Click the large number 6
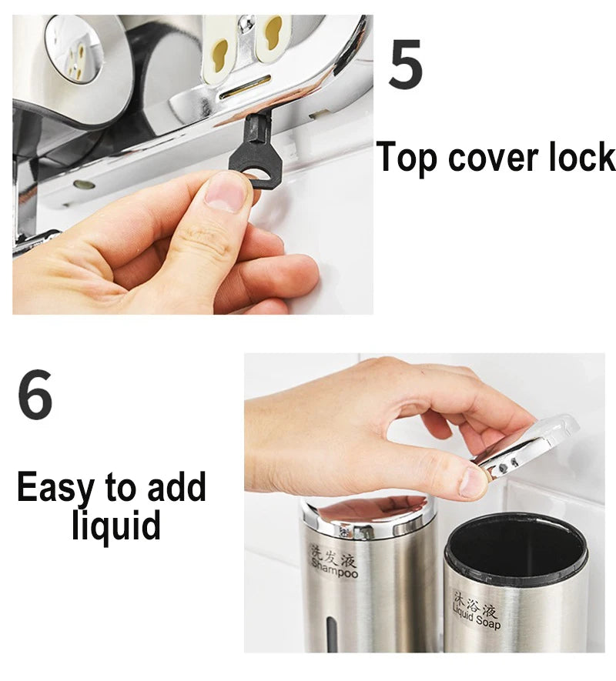click(x=35, y=394)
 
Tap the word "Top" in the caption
click(x=406, y=159)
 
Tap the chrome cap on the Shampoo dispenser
click(x=367, y=515)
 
